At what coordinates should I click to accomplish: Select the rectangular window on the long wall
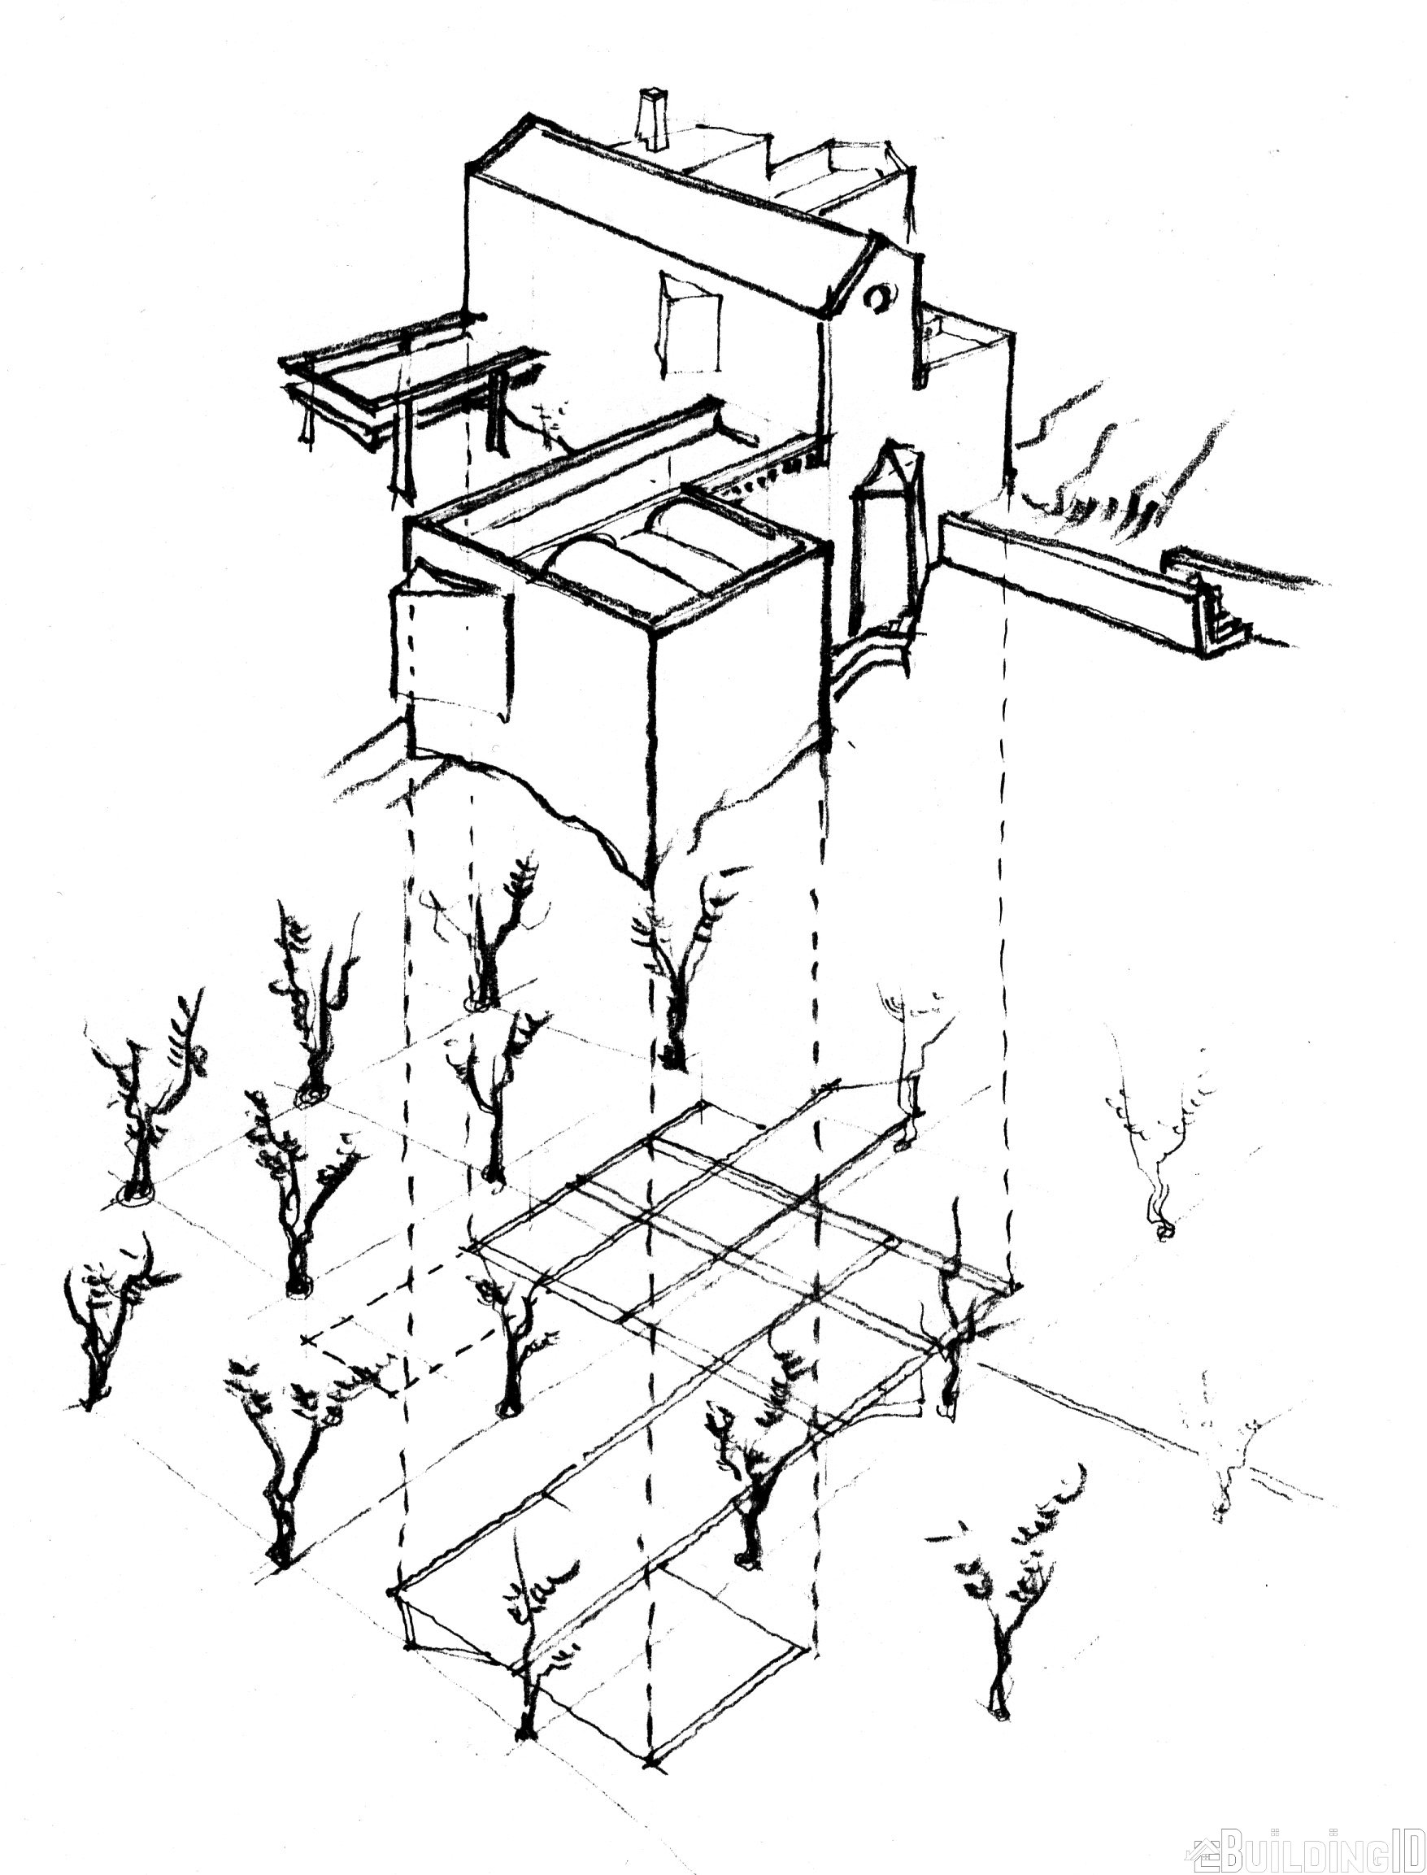(689, 324)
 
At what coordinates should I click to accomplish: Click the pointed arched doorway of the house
(886, 535)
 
